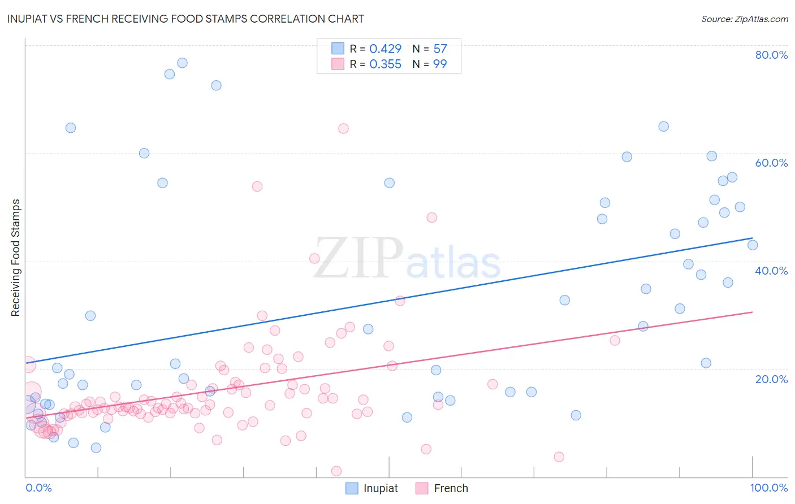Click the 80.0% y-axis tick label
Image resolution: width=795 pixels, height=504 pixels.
771,55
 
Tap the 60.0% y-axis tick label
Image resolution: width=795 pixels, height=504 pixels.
771,163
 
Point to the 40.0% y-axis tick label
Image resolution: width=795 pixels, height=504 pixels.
771,271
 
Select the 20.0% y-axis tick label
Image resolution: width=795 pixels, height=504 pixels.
771,379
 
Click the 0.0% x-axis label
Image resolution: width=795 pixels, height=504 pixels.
38,488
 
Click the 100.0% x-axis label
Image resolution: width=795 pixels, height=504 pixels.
768,488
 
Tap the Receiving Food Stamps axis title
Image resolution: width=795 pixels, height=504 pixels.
16,258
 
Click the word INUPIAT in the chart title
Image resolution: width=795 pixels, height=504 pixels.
31,19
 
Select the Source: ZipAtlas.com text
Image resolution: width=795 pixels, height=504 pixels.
744,19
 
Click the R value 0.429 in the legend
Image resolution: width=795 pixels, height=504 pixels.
385,49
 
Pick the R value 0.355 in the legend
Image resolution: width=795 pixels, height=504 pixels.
385,64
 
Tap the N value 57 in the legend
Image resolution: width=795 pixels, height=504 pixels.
440,49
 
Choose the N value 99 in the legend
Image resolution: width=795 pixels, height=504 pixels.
440,64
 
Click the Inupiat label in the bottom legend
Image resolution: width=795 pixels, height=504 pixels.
381,488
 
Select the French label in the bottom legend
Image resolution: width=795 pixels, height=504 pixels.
451,488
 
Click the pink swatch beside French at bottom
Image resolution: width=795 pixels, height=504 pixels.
422,488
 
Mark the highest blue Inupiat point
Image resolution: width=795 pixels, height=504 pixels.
182,63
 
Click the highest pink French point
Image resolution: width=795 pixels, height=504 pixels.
343,128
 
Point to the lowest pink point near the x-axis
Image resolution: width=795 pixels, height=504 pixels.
336,471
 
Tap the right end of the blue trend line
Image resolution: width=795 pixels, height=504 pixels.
752,238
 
